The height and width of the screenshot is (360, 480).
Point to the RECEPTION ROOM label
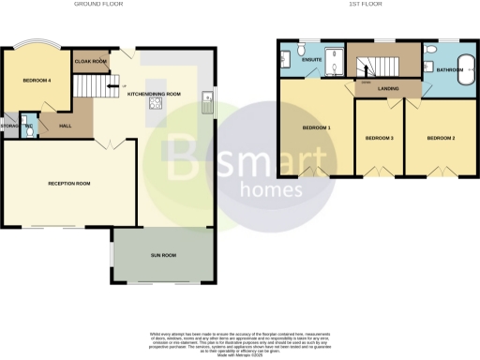pos(69,183)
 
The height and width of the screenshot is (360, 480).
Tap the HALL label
pos(66,126)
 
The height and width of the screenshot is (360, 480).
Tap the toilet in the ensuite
pos(299,48)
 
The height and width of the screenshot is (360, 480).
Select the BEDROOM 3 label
pos(379,139)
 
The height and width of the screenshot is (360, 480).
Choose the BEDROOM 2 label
pos(441,139)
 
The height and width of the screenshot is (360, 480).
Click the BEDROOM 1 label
pos(316,127)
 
